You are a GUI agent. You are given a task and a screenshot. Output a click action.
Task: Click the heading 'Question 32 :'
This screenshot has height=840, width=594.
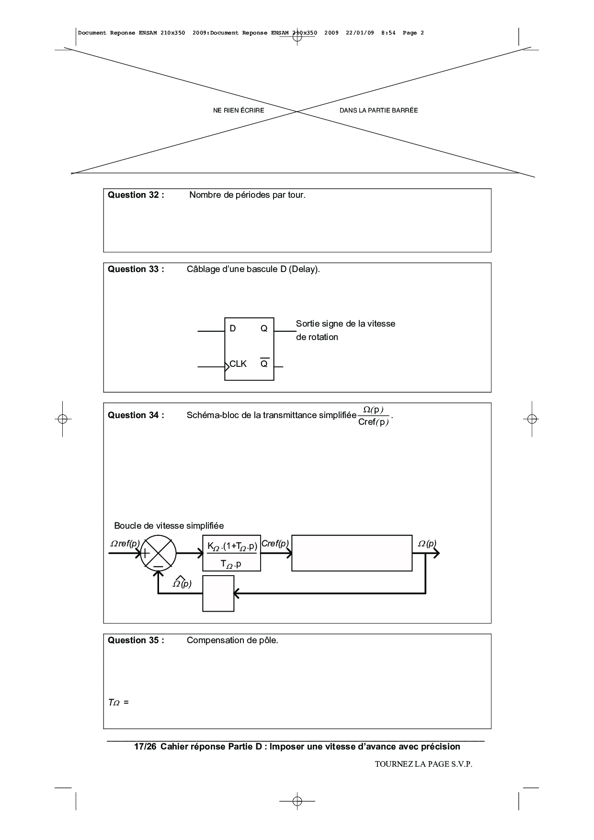(x=136, y=195)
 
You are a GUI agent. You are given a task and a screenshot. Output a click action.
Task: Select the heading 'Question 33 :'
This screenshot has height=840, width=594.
(x=136, y=269)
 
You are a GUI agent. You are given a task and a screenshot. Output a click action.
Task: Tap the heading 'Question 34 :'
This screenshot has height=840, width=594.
(x=136, y=415)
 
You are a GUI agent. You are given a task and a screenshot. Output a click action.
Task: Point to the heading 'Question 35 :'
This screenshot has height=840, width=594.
(x=136, y=640)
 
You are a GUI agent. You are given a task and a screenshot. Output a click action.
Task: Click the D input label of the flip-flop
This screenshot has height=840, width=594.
(x=233, y=329)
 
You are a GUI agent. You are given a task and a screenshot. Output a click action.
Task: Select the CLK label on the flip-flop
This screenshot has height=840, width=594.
(x=238, y=364)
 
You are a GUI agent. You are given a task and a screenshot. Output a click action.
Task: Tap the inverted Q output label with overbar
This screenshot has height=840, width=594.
(x=264, y=363)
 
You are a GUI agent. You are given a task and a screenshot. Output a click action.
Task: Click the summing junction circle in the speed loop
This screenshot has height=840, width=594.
(x=158, y=553)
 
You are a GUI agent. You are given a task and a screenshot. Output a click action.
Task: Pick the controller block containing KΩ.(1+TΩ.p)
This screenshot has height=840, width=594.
(x=231, y=553)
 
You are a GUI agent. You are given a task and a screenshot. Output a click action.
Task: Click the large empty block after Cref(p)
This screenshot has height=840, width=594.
(x=352, y=553)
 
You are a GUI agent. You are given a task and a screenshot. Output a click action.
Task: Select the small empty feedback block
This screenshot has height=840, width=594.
(x=218, y=593)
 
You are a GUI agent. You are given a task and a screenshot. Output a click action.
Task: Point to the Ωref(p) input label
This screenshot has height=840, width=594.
(x=125, y=544)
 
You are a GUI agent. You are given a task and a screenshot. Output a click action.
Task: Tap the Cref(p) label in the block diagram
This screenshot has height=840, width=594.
(x=275, y=544)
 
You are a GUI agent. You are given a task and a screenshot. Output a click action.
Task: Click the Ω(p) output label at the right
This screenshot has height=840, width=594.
(x=427, y=544)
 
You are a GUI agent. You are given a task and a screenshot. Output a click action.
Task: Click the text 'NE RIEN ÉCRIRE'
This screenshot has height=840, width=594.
(x=239, y=111)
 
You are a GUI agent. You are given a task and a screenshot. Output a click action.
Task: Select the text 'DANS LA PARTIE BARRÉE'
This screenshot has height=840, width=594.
(x=378, y=111)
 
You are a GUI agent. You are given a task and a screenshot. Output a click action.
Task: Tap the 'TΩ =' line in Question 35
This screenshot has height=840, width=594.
(x=118, y=703)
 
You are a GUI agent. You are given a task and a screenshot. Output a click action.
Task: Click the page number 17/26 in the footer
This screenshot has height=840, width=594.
(x=145, y=747)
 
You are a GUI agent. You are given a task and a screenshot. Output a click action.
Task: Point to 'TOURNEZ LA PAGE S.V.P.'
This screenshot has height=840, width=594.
(x=423, y=764)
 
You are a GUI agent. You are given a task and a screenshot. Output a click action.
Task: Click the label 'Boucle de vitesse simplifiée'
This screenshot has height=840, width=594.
(x=169, y=526)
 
